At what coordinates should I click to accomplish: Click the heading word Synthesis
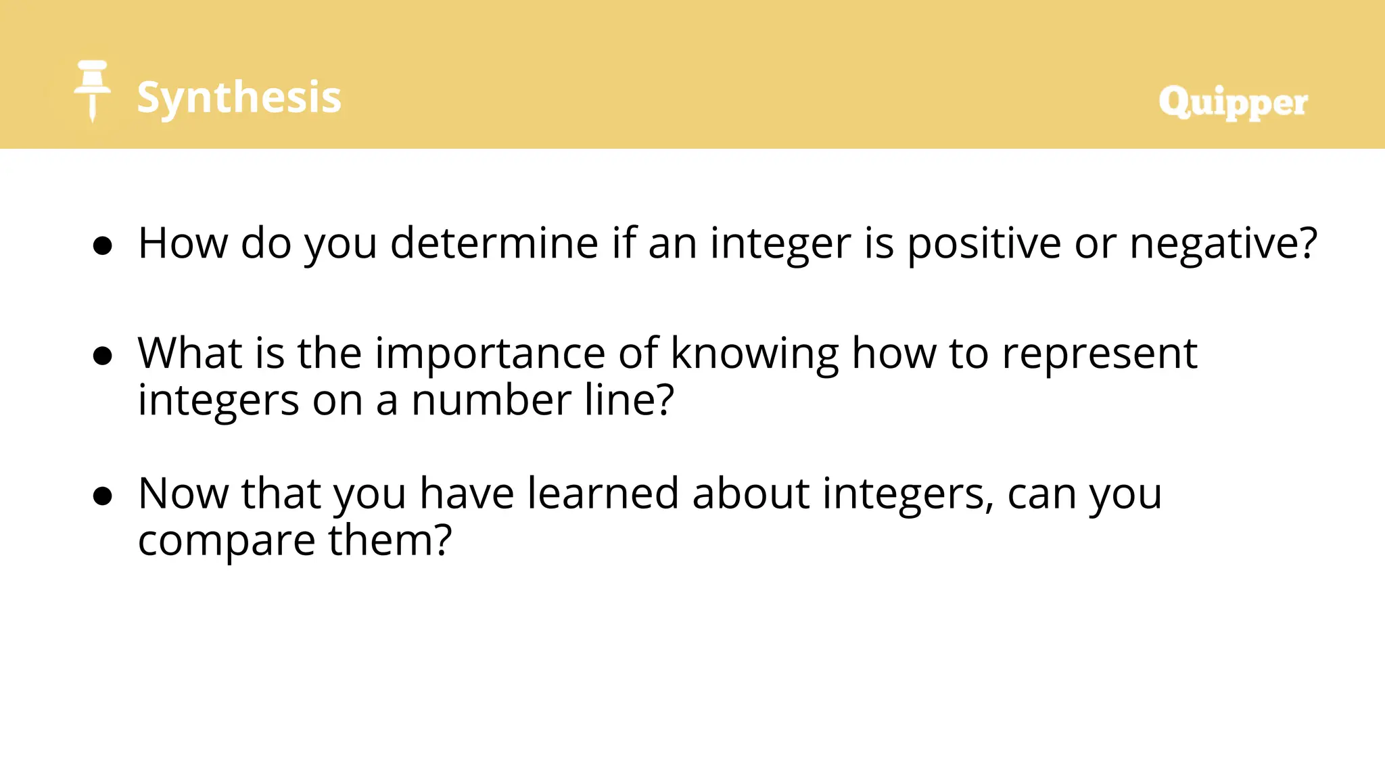click(x=239, y=97)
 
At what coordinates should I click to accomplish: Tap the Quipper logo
click(x=1232, y=103)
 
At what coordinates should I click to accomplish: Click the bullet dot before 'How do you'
click(x=103, y=246)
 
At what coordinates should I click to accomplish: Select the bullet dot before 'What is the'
click(x=103, y=356)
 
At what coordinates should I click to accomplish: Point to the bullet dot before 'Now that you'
click(x=103, y=496)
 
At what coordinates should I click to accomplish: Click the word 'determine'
click(x=494, y=243)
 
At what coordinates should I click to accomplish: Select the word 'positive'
click(x=984, y=243)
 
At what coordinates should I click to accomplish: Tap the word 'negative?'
click(x=1223, y=243)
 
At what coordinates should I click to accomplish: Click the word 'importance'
click(x=490, y=353)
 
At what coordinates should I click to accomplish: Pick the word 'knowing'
click(x=754, y=353)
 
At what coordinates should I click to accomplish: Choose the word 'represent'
click(x=1099, y=353)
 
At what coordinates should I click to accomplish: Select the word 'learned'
click(x=603, y=493)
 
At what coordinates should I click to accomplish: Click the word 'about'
click(x=750, y=493)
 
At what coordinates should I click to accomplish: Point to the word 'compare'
click(x=227, y=541)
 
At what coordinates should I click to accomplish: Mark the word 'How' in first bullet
click(x=183, y=243)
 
